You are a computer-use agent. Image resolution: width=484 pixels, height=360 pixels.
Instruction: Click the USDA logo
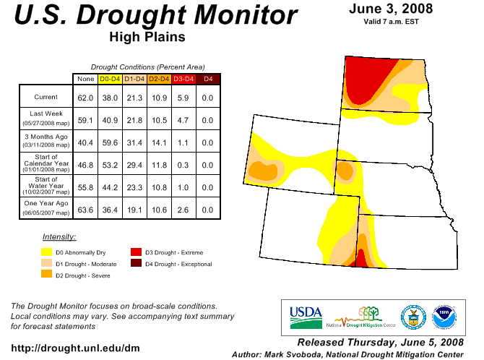click(x=306, y=317)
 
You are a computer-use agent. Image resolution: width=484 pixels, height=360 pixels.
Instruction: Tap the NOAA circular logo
click(x=444, y=317)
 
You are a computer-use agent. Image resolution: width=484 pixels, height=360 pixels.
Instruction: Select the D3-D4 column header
click(x=183, y=79)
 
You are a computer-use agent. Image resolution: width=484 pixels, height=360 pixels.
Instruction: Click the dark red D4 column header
click(x=208, y=79)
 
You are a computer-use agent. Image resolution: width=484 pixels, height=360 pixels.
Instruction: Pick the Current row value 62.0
click(x=85, y=98)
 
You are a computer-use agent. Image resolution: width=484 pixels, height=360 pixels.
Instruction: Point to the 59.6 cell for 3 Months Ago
click(x=110, y=142)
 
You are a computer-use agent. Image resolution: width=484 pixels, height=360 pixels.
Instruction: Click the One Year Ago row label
click(x=46, y=207)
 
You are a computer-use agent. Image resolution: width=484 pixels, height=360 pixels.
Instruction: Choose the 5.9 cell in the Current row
click(x=183, y=98)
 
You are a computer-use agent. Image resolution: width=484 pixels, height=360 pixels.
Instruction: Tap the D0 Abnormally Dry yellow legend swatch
click(x=47, y=252)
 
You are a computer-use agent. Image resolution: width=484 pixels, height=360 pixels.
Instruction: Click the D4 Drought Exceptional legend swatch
click(x=136, y=263)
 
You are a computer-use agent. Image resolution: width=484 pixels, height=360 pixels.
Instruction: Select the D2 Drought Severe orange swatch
click(x=47, y=274)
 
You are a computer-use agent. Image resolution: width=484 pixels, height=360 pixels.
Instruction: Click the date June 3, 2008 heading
click(x=391, y=9)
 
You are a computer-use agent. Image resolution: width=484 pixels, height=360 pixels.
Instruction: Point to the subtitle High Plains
click(x=147, y=37)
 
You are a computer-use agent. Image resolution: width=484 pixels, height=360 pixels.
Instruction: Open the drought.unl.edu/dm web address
click(x=75, y=348)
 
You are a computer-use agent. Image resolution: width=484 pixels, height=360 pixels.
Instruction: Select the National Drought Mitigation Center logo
click(x=361, y=317)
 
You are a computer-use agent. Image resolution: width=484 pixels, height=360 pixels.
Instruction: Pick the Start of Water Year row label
click(x=46, y=185)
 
